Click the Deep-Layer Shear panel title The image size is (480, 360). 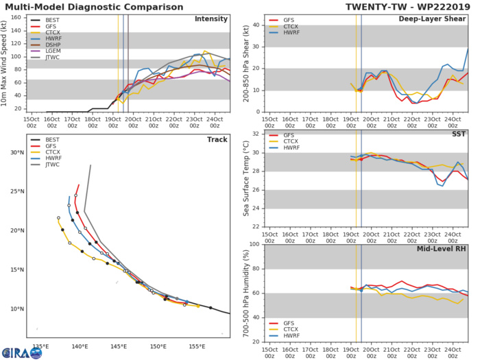pos(432,19)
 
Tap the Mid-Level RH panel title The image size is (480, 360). pos(440,251)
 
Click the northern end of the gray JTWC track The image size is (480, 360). pos(91,165)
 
